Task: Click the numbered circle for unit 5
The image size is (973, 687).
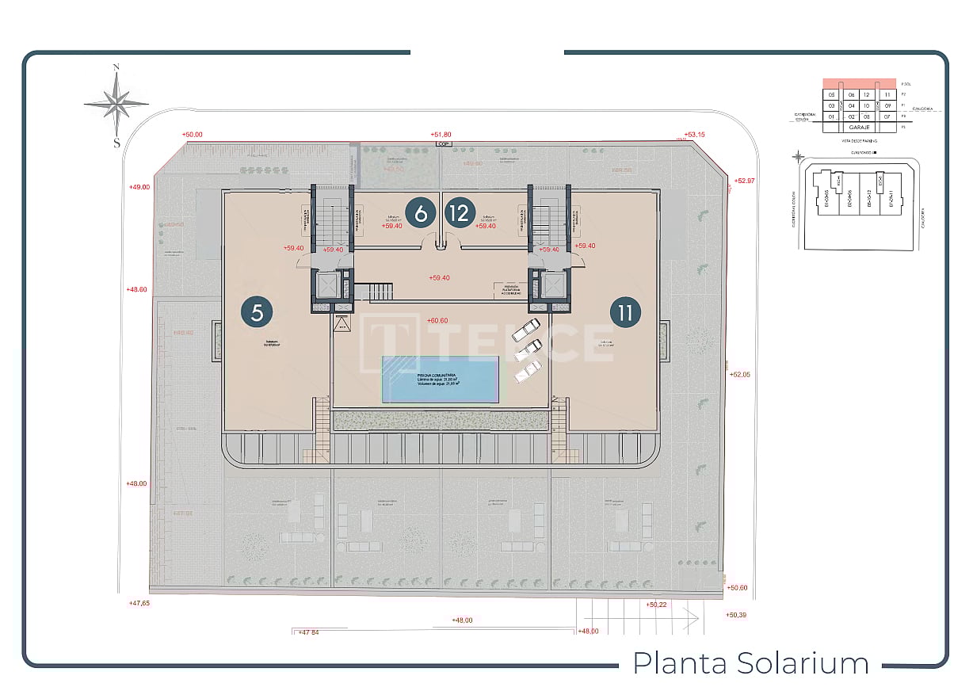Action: (257, 311)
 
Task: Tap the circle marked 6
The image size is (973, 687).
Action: (421, 212)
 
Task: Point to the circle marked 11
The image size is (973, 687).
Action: (625, 311)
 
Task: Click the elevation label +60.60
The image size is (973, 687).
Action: (437, 321)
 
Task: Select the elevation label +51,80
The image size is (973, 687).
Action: (441, 135)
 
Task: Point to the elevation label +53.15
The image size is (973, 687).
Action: (694, 135)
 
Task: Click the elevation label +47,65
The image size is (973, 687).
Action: (139, 603)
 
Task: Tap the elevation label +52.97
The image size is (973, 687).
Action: (745, 181)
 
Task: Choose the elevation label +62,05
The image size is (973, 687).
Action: (738, 374)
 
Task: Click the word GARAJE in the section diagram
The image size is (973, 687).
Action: (860, 127)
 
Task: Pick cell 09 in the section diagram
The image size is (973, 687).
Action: (888, 105)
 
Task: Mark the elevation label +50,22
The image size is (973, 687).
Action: (657, 605)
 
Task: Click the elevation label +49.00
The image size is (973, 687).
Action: (139, 187)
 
